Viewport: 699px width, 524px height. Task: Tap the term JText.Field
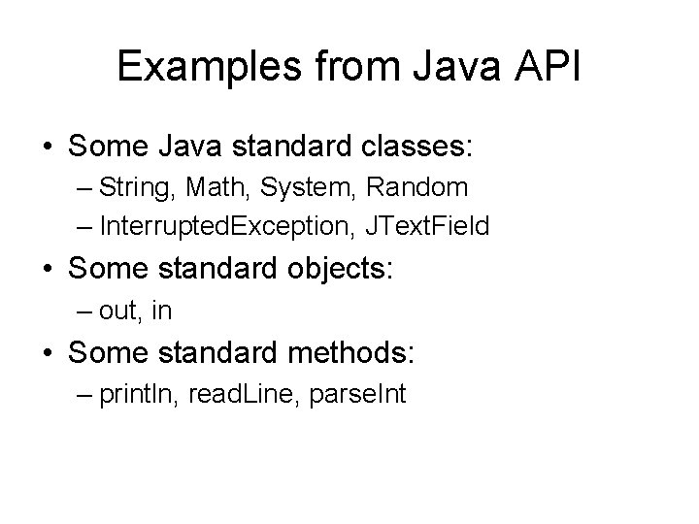point(427,227)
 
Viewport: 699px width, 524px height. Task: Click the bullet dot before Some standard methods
point(47,353)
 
